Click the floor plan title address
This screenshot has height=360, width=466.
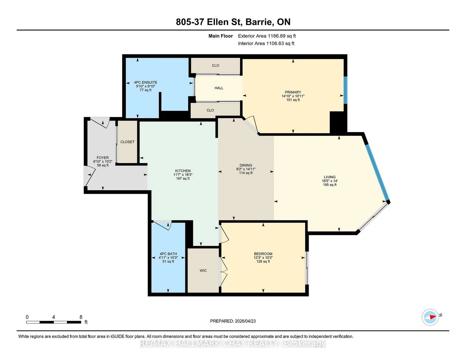233,22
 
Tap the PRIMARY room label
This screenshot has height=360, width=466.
293,92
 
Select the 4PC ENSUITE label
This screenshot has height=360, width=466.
146,82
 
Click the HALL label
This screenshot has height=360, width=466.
219,88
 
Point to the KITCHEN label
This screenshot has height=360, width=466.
183,171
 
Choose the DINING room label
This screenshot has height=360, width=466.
246,165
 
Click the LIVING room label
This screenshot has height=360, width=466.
330,177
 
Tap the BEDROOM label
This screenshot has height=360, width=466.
263,254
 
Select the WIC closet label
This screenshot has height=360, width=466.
203,271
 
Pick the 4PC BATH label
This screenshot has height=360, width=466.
168,254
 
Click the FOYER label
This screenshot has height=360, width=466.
103,158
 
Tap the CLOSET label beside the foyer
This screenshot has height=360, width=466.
128,142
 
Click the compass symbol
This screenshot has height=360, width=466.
430,317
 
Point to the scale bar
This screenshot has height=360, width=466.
53,322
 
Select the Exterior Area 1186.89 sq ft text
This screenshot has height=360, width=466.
267,36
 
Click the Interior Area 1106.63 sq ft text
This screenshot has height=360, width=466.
266,43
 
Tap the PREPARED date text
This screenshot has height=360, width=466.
233,321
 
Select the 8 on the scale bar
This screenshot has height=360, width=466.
81,317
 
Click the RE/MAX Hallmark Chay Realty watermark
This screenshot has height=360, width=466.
233,344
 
